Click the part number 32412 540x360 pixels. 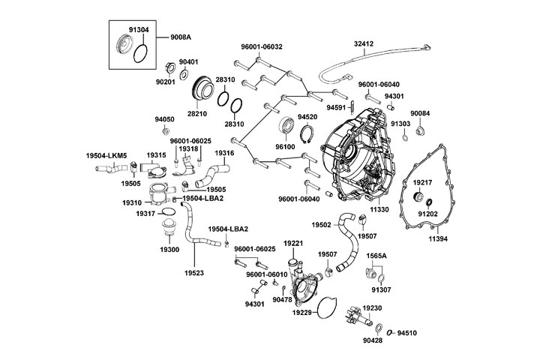pos(364,44)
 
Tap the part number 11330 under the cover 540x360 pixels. pos(380,211)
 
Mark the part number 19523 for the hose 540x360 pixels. pos(195,273)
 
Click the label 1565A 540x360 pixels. pos(376,256)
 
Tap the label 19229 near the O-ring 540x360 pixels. pos(302,312)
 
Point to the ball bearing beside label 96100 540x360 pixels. pos(288,126)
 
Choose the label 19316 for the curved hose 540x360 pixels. pos(225,153)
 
